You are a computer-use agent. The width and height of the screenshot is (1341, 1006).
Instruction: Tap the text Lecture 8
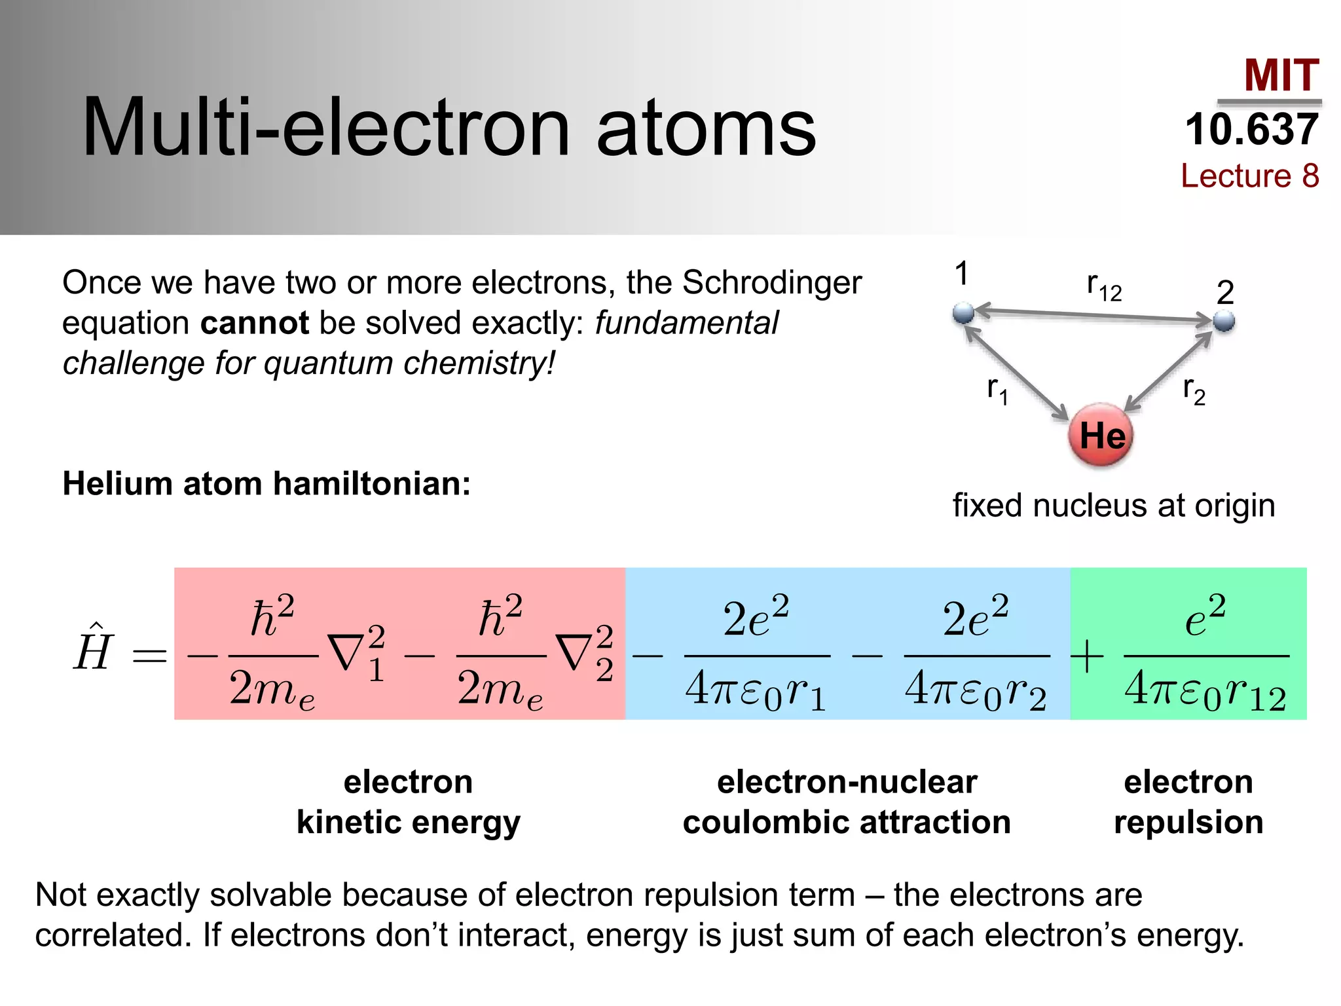1249,176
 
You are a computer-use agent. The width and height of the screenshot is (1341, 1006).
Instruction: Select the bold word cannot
254,323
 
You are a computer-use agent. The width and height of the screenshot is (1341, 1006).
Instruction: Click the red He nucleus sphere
1101,435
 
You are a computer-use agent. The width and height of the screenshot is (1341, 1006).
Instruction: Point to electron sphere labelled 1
963,313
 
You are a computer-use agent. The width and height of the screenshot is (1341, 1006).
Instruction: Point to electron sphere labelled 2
1224,322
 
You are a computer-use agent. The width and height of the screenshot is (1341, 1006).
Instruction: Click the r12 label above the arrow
1104,286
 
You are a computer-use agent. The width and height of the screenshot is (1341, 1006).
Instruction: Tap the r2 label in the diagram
1194,391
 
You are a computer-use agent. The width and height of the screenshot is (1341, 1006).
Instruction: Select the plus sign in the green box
1087,656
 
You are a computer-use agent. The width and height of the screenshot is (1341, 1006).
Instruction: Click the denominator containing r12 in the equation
1205,690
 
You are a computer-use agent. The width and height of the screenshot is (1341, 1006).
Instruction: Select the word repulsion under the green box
1188,822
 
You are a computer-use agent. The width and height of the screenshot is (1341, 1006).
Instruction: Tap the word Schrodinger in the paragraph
772,283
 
